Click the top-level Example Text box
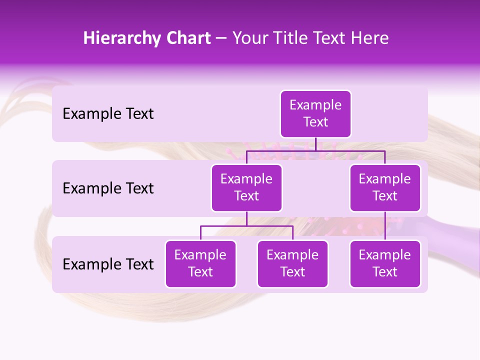pyautogui.click(x=315, y=113)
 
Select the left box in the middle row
pyautogui.click(x=246, y=187)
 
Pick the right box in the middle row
pyautogui.click(x=385, y=187)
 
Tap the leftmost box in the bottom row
pyautogui.click(x=200, y=263)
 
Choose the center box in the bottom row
pyautogui.click(x=292, y=263)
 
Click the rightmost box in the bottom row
pyautogui.click(x=385, y=263)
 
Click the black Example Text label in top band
pyautogui.click(x=108, y=114)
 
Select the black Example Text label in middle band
pyautogui.click(x=108, y=188)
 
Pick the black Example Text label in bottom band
pyautogui.click(x=108, y=264)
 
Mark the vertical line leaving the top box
pyautogui.click(x=315, y=144)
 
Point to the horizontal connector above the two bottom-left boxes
pyautogui.click(x=246, y=226)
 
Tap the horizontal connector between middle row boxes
pyautogui.click(x=315, y=150)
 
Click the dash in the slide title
pyautogui.click(x=221, y=38)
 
